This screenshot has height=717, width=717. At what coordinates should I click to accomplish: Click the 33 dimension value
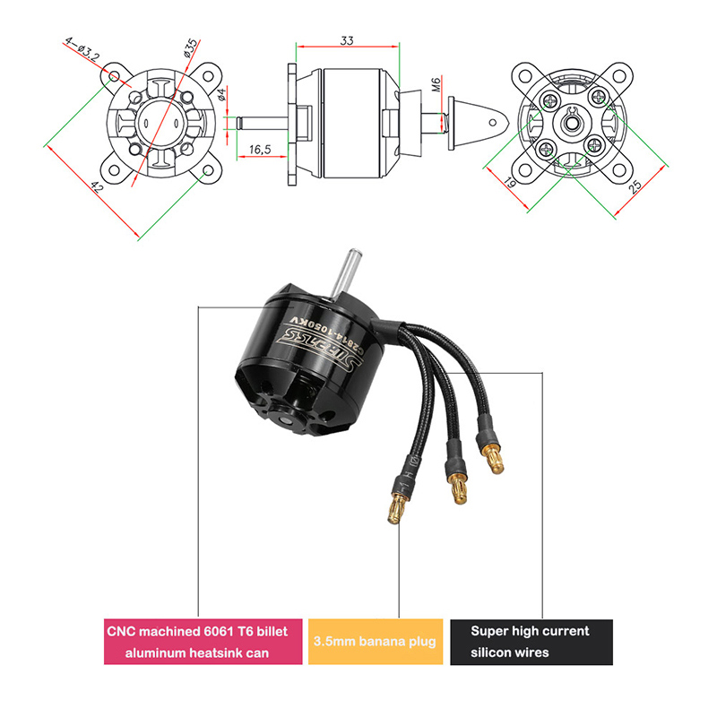click(x=347, y=39)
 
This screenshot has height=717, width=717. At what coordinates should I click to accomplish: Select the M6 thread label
click(x=436, y=86)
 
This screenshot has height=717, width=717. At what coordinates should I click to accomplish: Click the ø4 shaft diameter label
click(x=222, y=96)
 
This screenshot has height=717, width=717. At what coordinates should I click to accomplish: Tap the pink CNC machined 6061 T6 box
click(x=203, y=642)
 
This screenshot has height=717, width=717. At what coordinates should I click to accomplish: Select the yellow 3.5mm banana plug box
click(x=375, y=642)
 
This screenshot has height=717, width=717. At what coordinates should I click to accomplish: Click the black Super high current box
click(x=531, y=642)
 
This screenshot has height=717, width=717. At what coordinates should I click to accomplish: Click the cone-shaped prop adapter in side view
click(x=472, y=122)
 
